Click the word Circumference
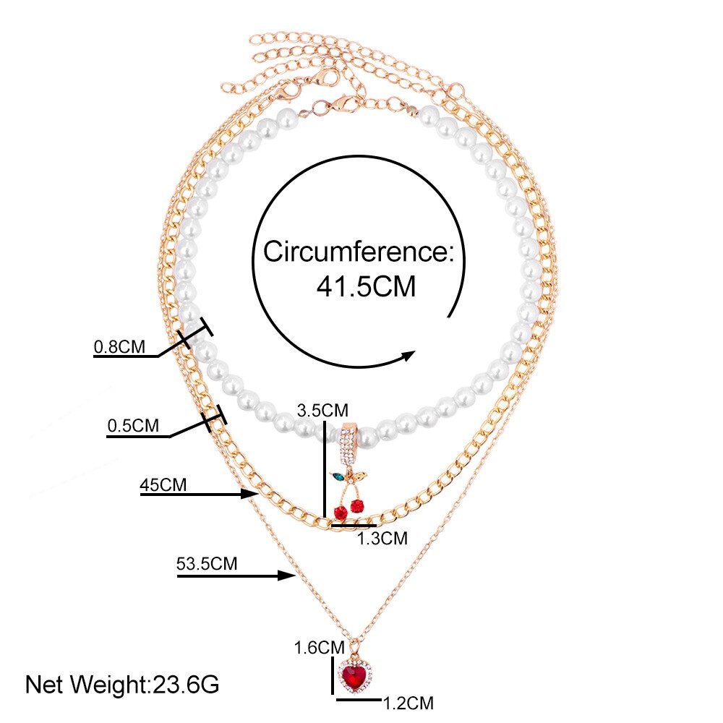(x=357, y=252)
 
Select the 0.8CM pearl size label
(x=119, y=347)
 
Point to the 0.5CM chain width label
(x=133, y=426)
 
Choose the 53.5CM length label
(x=207, y=563)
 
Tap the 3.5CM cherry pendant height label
(x=322, y=411)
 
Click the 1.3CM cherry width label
(x=383, y=538)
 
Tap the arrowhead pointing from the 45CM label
(x=252, y=495)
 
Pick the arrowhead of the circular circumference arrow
(x=408, y=354)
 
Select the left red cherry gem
(x=339, y=513)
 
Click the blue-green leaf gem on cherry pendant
(x=337, y=477)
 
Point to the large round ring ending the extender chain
(x=456, y=90)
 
